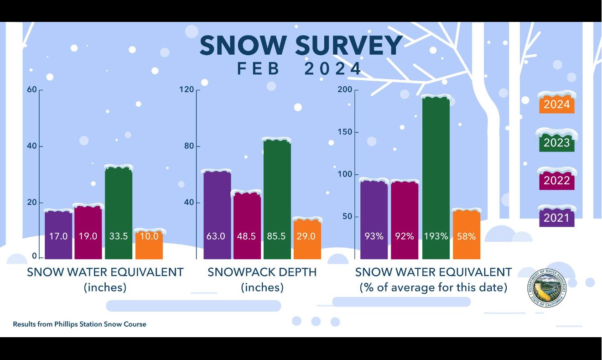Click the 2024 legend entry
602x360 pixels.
[x=556, y=104]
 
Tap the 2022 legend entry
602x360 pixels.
[x=556, y=180]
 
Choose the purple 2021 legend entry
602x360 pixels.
[x=556, y=217]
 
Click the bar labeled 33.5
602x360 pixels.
[x=119, y=205]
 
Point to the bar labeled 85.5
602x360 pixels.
[x=277, y=192]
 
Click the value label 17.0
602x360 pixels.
[x=58, y=236]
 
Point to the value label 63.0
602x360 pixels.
[x=217, y=236]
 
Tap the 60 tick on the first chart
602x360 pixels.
[x=31, y=89]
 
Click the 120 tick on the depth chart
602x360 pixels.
[x=187, y=89]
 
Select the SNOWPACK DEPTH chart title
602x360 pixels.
[x=262, y=272]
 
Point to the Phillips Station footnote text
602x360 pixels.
[x=79, y=324]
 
